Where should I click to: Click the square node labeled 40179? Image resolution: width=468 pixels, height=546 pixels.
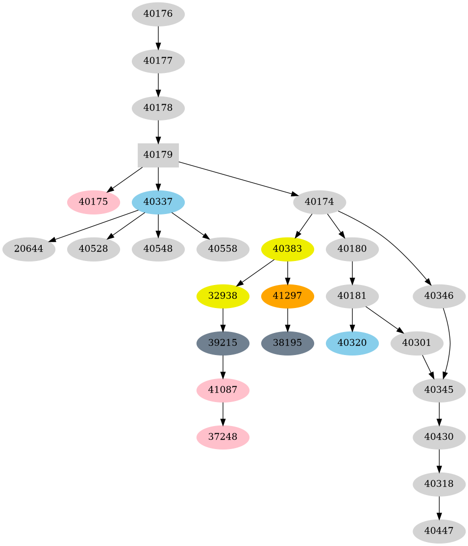tap(158, 155)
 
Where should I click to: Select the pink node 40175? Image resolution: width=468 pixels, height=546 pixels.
tap(93, 202)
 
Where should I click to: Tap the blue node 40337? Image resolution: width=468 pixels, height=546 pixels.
tap(158, 202)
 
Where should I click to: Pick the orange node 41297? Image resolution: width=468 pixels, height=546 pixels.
tap(288, 296)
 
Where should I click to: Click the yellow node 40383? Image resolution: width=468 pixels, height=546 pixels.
tap(288, 249)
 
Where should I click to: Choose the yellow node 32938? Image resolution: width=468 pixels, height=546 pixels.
tap(223, 296)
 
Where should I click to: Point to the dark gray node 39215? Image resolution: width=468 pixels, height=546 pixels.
tap(223, 343)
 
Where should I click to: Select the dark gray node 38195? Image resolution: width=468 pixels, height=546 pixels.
tap(288, 343)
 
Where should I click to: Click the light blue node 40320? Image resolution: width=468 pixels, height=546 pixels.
tap(352, 343)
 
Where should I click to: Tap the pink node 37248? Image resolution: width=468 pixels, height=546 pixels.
tap(223, 437)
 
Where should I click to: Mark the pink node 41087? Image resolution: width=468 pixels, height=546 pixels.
tap(223, 390)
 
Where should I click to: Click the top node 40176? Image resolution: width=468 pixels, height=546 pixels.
tap(158, 14)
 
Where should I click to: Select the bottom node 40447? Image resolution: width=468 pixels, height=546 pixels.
tap(439, 531)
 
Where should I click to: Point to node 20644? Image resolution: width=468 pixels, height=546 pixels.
tap(28, 249)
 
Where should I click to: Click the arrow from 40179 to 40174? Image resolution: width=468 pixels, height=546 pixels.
tap(235, 178)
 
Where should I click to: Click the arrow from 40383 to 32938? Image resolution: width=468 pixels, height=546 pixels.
tap(255, 273)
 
